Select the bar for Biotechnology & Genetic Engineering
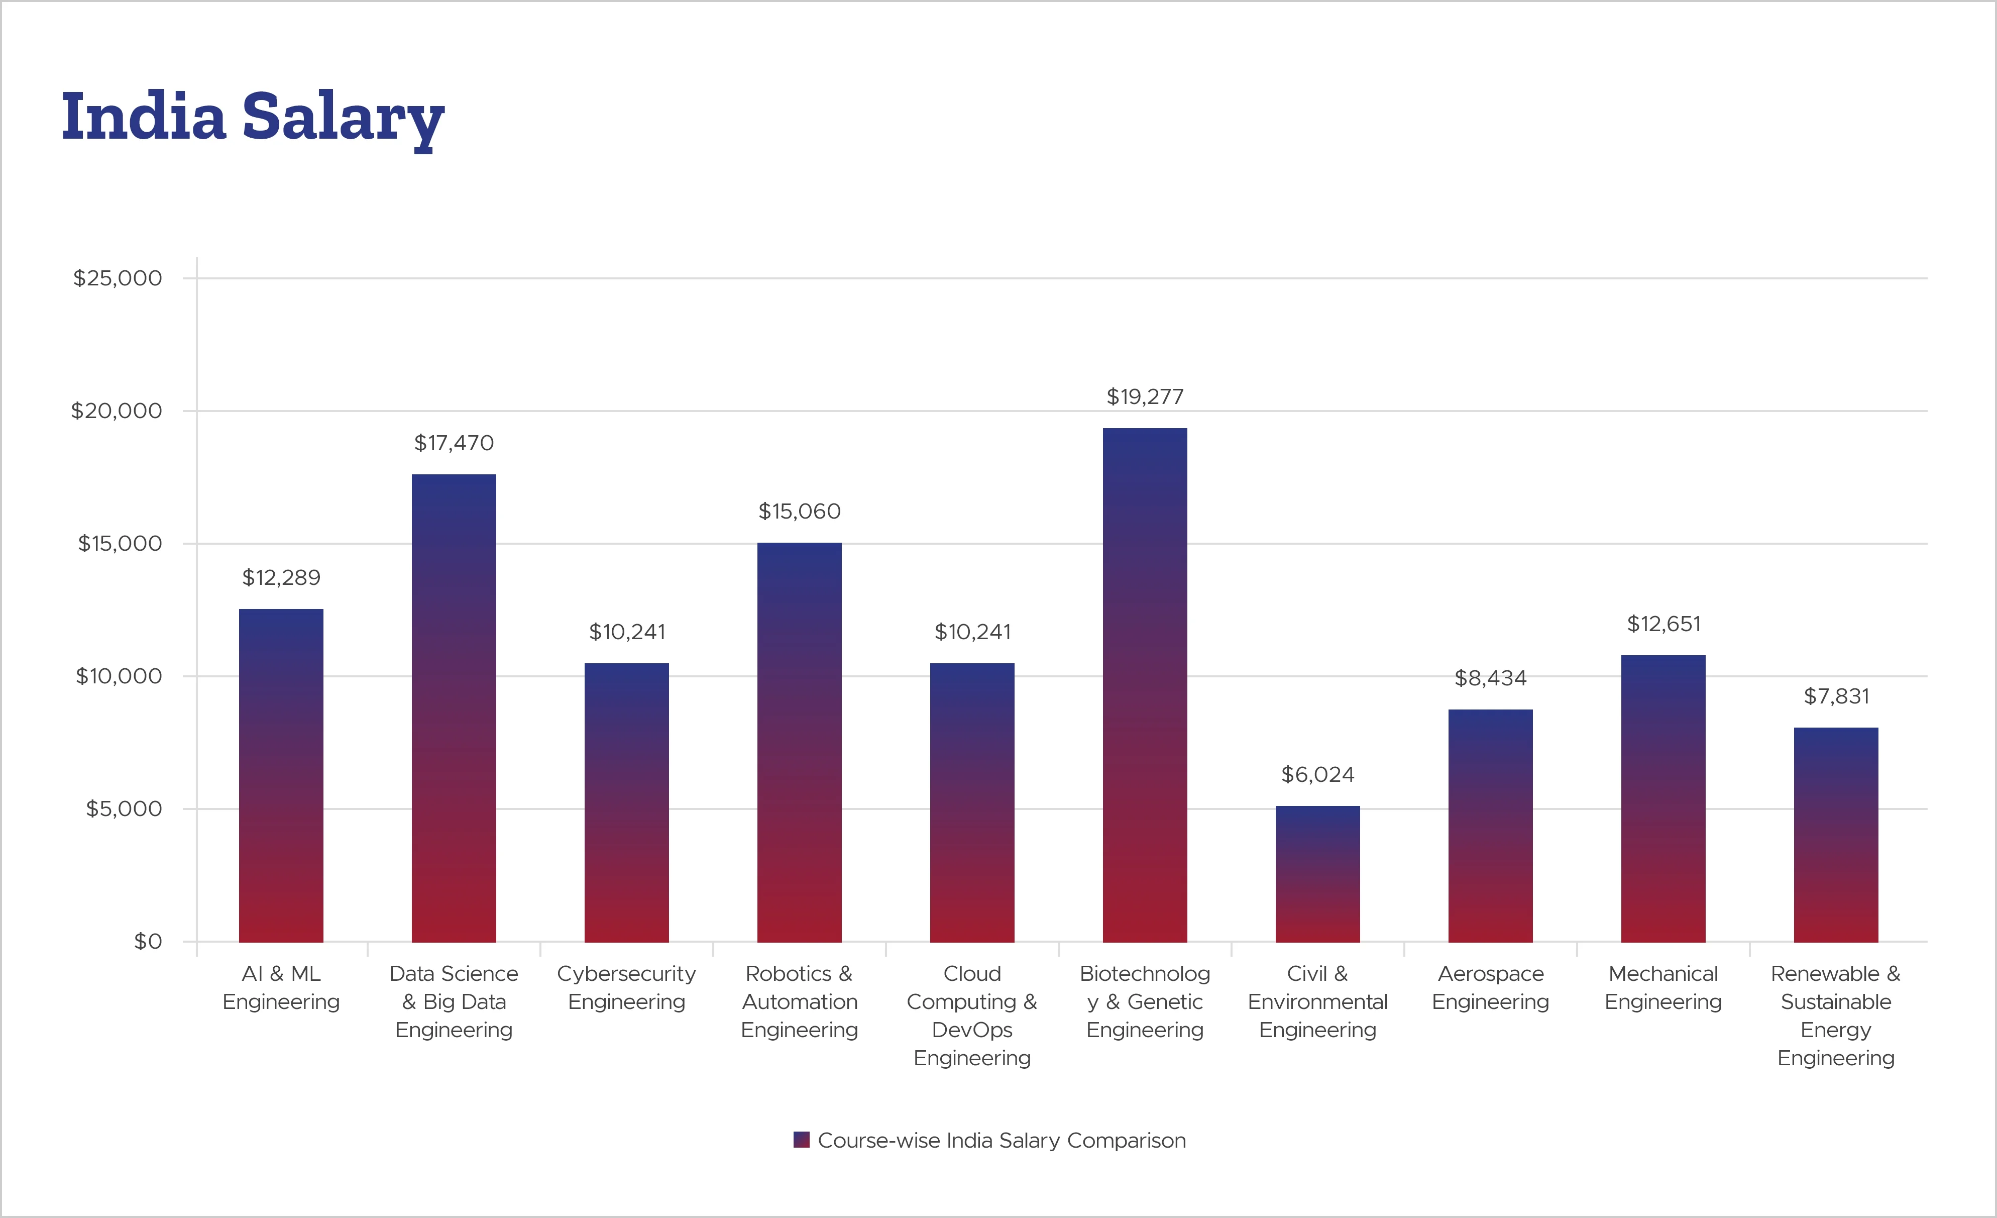point(1144,685)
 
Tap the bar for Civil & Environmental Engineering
point(1317,874)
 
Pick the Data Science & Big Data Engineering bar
point(454,708)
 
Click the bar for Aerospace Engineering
point(1490,826)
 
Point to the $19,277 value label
point(1144,396)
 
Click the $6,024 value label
point(1317,774)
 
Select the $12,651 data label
point(1663,624)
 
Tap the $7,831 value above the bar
point(1836,696)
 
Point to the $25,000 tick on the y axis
point(118,278)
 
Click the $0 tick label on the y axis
point(148,942)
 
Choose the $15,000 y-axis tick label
point(119,543)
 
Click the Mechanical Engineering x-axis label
point(1663,988)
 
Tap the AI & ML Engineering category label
point(281,988)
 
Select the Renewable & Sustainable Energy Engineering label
point(1836,1016)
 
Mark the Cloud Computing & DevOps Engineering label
point(972,1016)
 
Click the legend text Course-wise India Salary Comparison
point(1001,1140)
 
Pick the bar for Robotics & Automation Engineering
point(799,742)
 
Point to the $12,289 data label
point(281,577)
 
